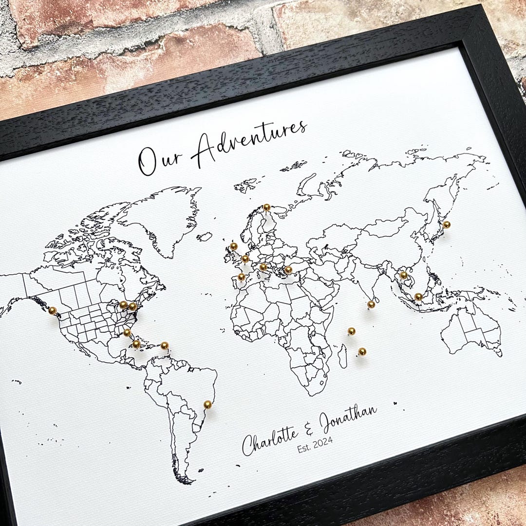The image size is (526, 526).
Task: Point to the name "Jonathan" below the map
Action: pyautogui.click(x=348, y=419)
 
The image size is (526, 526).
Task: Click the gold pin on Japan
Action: pyautogui.click(x=446, y=224)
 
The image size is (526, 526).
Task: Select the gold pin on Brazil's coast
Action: pyautogui.click(x=207, y=404)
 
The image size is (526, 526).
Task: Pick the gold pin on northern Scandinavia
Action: pyautogui.click(x=266, y=207)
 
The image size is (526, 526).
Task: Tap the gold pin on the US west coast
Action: pyautogui.click(x=53, y=310)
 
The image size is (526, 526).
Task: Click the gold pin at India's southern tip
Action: pyautogui.click(x=371, y=304)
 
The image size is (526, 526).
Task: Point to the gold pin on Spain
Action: pyautogui.click(x=241, y=277)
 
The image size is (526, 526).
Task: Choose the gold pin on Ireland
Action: pyautogui.click(x=233, y=246)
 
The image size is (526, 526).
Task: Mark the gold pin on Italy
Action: pyautogui.click(x=263, y=266)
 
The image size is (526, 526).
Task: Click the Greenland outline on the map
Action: pyautogui.click(x=161, y=219)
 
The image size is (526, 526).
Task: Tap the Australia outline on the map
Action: pyautogui.click(x=470, y=331)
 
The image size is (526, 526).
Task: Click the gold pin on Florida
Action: pyautogui.click(x=127, y=332)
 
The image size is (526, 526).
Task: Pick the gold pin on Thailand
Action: pyautogui.click(x=403, y=275)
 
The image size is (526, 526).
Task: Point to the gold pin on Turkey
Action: pyautogui.click(x=288, y=269)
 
